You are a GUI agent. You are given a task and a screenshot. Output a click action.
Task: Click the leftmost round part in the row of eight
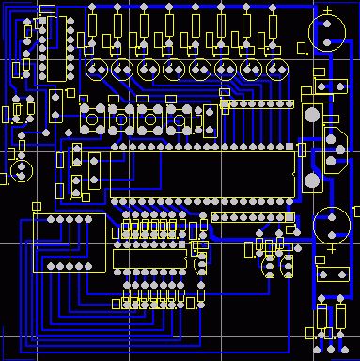tap(96, 70)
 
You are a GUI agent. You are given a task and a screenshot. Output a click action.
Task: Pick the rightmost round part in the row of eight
tap(276, 70)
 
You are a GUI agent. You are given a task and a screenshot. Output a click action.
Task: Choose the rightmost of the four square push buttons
tap(179, 119)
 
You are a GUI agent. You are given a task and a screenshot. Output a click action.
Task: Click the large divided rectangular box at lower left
tap(69, 243)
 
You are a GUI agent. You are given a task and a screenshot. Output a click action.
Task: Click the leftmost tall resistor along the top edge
tap(94, 24)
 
